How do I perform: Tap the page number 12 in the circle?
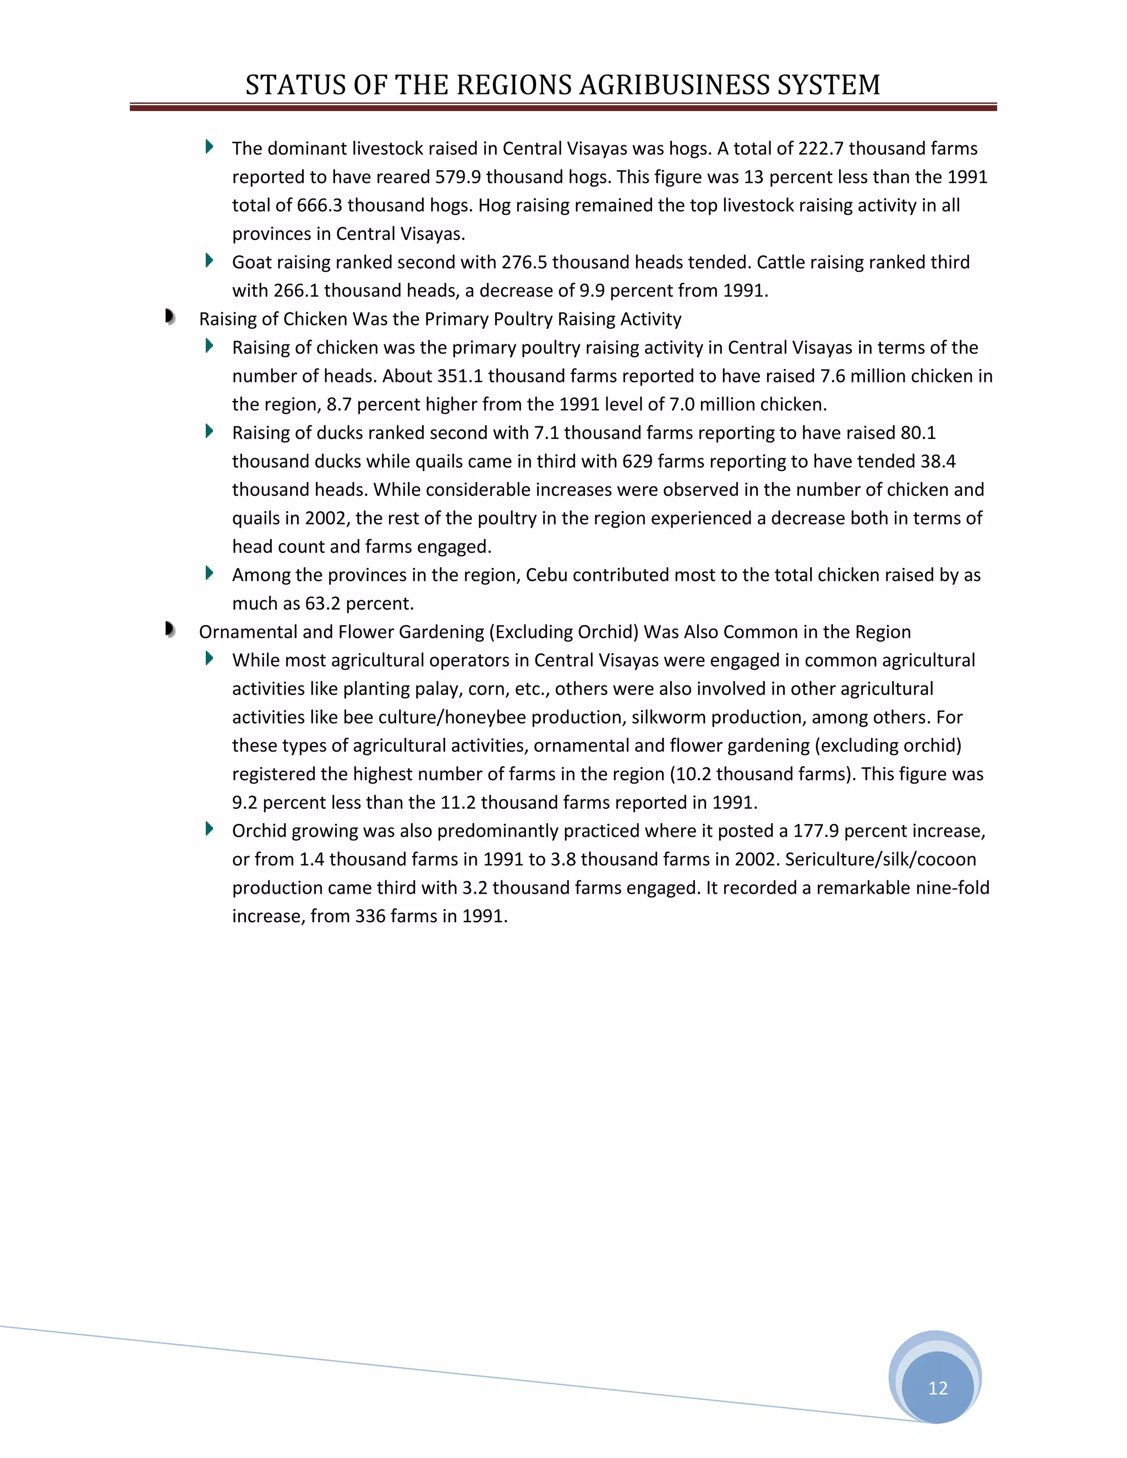click(937, 1388)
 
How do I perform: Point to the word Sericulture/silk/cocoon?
click(880, 859)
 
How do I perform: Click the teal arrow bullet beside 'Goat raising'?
click(209, 260)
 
